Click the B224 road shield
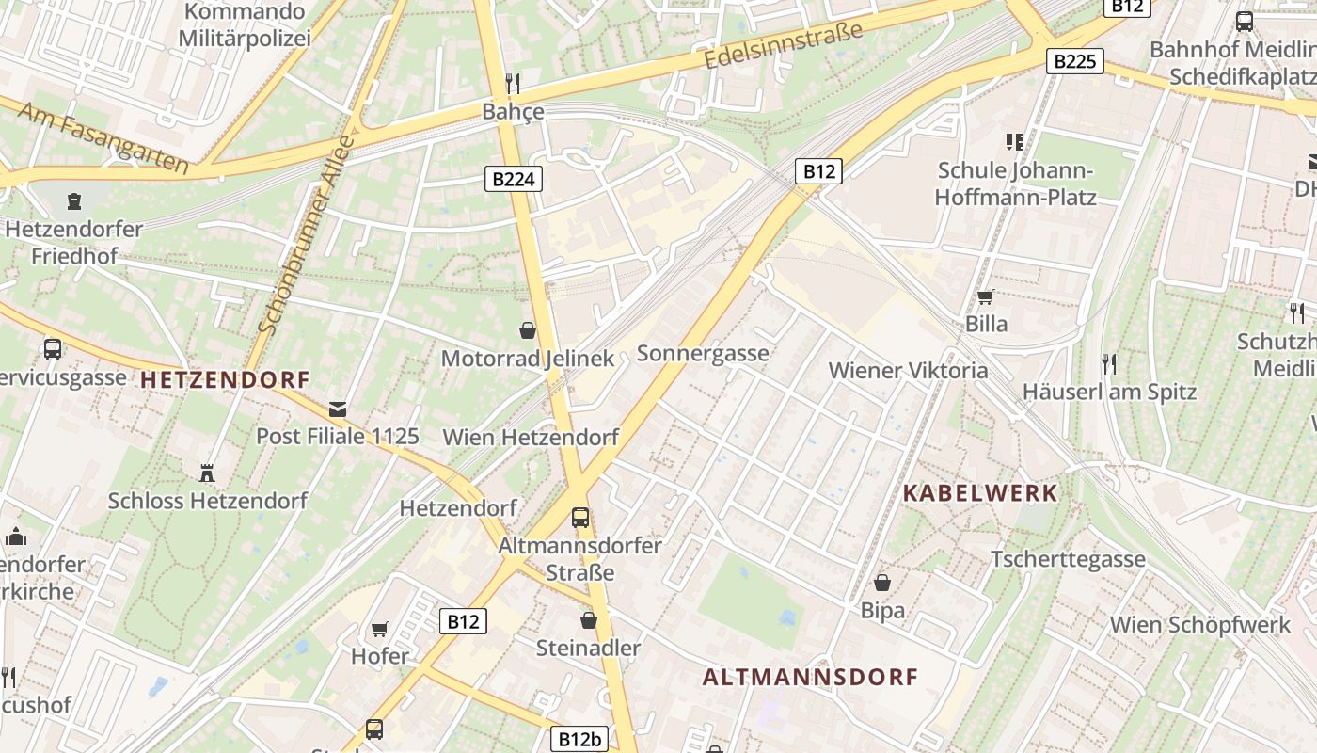514,178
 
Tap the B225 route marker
1074,61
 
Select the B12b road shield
579,739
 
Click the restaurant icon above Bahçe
513,84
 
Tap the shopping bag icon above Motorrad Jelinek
528,330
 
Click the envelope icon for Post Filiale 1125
338,409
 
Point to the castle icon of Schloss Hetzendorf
207,473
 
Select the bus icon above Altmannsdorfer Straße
580,517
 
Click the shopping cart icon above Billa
985,297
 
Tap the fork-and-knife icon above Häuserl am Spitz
1109,363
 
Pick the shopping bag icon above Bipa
882,583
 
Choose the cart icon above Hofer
380,629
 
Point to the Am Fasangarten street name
103,138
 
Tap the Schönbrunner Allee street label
306,235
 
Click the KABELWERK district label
980,492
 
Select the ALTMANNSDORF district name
810,677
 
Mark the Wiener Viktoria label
908,370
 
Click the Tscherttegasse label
1068,559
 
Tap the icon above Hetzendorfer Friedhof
73,200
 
